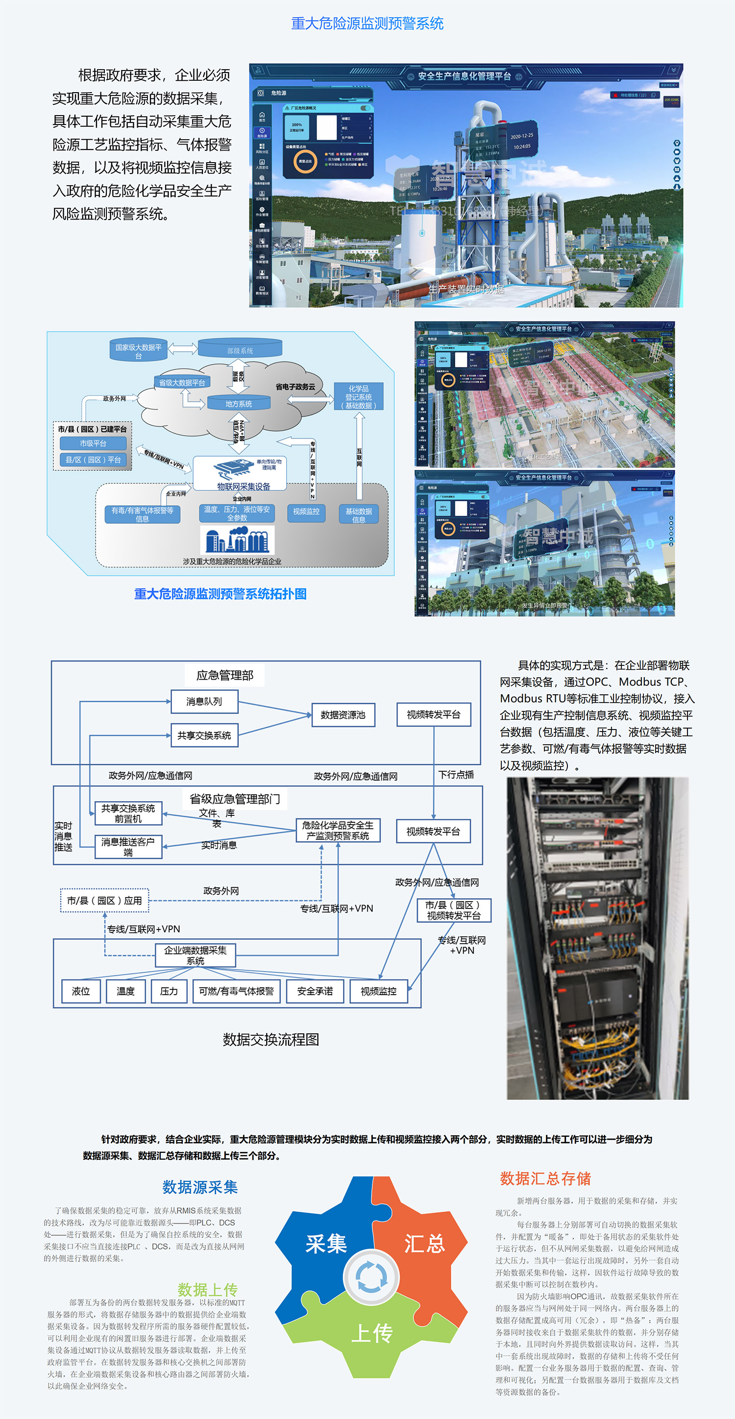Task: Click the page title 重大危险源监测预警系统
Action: (367, 23)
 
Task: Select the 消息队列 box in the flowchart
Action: (204, 701)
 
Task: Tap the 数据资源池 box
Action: (343, 714)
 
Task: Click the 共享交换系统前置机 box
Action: (128, 813)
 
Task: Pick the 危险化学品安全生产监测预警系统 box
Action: (337, 830)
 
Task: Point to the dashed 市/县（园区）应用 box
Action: (104, 900)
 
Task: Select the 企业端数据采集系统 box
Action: (195, 954)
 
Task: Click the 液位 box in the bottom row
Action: (80, 991)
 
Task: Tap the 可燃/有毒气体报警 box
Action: (236, 991)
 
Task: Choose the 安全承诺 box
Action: (315, 991)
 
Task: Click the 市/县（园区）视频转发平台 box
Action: (453, 910)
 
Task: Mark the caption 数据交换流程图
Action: (270, 1039)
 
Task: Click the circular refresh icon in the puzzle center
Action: (371, 1277)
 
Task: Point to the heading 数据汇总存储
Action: (545, 1178)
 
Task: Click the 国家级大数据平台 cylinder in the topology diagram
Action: (138, 350)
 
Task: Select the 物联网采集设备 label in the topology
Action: (243, 487)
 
